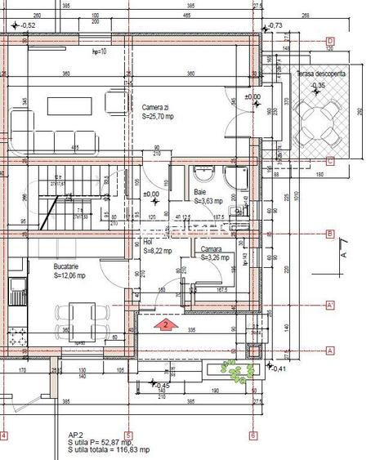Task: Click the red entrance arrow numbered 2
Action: [165, 324]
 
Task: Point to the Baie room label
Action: [200, 192]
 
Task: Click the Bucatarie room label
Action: [45, 267]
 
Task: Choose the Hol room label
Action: [149, 243]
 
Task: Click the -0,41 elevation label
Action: [278, 369]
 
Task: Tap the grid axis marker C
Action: [330, 161]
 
